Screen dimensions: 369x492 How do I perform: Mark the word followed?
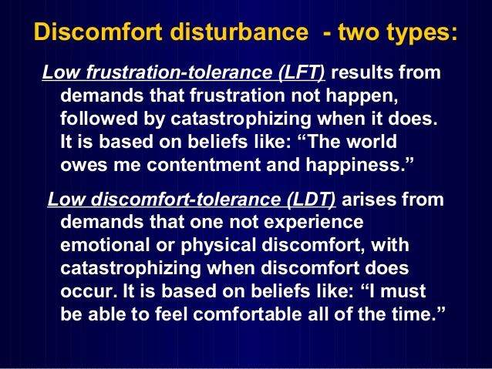[97, 120]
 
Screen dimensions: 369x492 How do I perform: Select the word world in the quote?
[399, 143]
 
